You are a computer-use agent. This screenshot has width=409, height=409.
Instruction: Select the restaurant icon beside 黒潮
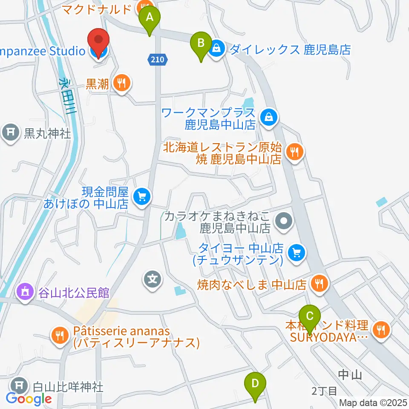pos(122,84)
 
